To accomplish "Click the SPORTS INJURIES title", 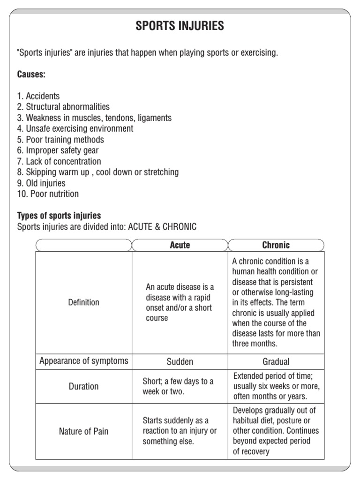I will (x=180, y=26).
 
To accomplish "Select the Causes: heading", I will (x=31, y=74).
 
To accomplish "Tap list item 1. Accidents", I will (x=38, y=96).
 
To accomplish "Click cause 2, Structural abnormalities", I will (x=63, y=107).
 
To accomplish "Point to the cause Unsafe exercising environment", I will (x=75, y=128).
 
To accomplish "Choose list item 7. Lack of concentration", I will (x=59, y=161).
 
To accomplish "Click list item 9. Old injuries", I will (x=41, y=183).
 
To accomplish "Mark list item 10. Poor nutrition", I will (x=48, y=194).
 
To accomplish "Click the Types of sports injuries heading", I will (x=59, y=216).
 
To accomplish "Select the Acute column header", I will (x=180, y=245).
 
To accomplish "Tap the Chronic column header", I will (x=276, y=245).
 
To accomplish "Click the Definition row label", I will (x=84, y=302).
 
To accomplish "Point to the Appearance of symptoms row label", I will (x=84, y=361).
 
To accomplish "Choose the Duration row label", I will (x=84, y=386).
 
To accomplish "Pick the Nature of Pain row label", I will (x=84, y=431).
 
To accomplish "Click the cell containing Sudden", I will (x=180, y=361).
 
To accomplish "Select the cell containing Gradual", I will (x=276, y=361).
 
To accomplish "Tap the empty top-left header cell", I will (x=84, y=245).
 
